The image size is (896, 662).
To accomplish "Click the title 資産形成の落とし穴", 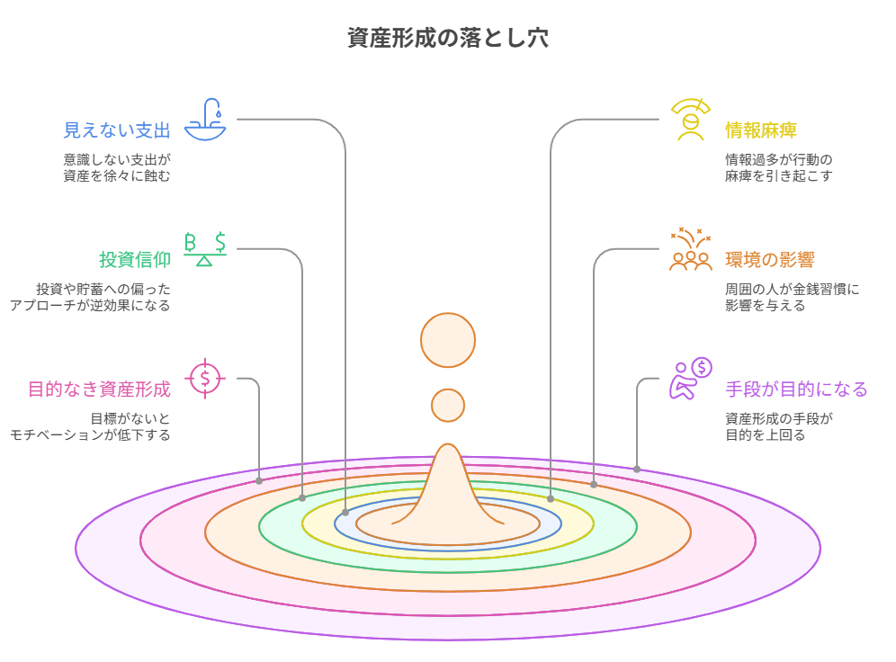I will tap(447, 38).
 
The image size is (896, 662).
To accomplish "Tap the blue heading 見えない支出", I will tap(117, 130).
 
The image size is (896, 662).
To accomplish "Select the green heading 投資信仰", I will tap(135, 260).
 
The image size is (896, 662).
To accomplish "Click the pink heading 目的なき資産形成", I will tap(99, 389).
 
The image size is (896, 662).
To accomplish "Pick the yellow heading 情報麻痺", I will tap(761, 130).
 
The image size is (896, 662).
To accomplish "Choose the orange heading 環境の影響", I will tap(770, 260).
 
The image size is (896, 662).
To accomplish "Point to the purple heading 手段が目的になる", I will tap(796, 389).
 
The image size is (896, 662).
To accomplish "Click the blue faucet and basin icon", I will tap(206, 119).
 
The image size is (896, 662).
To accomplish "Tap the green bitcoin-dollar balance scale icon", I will tap(205, 249).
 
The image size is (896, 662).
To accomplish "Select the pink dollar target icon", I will tap(205, 377).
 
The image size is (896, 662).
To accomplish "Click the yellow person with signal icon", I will tap(690, 120).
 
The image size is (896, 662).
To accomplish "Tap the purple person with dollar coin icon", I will tap(690, 378).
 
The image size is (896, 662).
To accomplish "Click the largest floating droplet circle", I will tap(448, 340).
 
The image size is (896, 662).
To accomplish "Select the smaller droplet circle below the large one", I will tap(448, 405).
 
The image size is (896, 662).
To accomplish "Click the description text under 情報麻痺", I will tap(779, 168).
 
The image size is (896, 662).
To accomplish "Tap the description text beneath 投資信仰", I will tap(90, 298).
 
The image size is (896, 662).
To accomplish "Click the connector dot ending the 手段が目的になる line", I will tap(637, 469).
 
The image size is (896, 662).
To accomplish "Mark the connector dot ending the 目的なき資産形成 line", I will tap(259, 481).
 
